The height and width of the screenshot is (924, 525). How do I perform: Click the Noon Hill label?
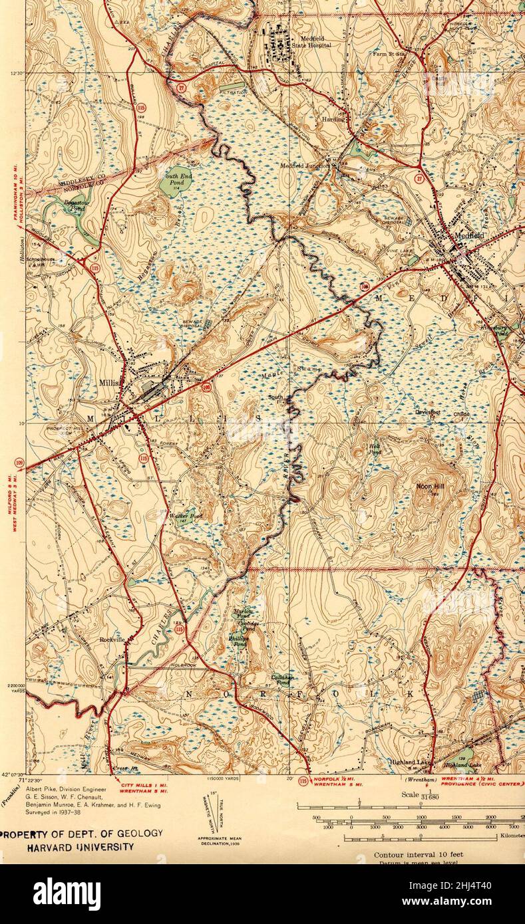click(429, 487)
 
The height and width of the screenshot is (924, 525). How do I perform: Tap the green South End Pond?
click(172, 181)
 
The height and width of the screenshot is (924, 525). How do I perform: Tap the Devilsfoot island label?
click(428, 413)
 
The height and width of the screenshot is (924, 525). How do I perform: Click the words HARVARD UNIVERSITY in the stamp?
click(80, 847)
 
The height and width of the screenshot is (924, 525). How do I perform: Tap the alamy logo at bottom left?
click(67, 894)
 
